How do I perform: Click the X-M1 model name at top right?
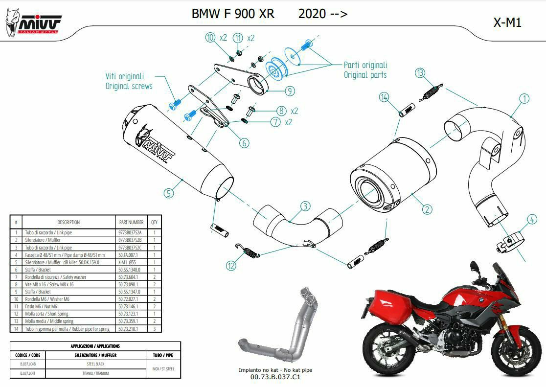(507, 23)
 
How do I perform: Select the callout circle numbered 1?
(524, 98)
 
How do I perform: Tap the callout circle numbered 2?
(427, 209)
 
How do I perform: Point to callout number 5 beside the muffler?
(169, 193)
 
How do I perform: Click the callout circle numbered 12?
(231, 265)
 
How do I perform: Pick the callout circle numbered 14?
(384, 98)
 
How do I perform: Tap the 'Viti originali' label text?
(125, 76)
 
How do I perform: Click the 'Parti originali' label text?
(365, 65)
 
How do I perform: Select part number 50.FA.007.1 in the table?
(128, 255)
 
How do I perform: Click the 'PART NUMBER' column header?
(131, 222)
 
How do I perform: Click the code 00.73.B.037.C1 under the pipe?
(275, 377)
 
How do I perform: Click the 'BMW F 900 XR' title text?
(233, 13)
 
